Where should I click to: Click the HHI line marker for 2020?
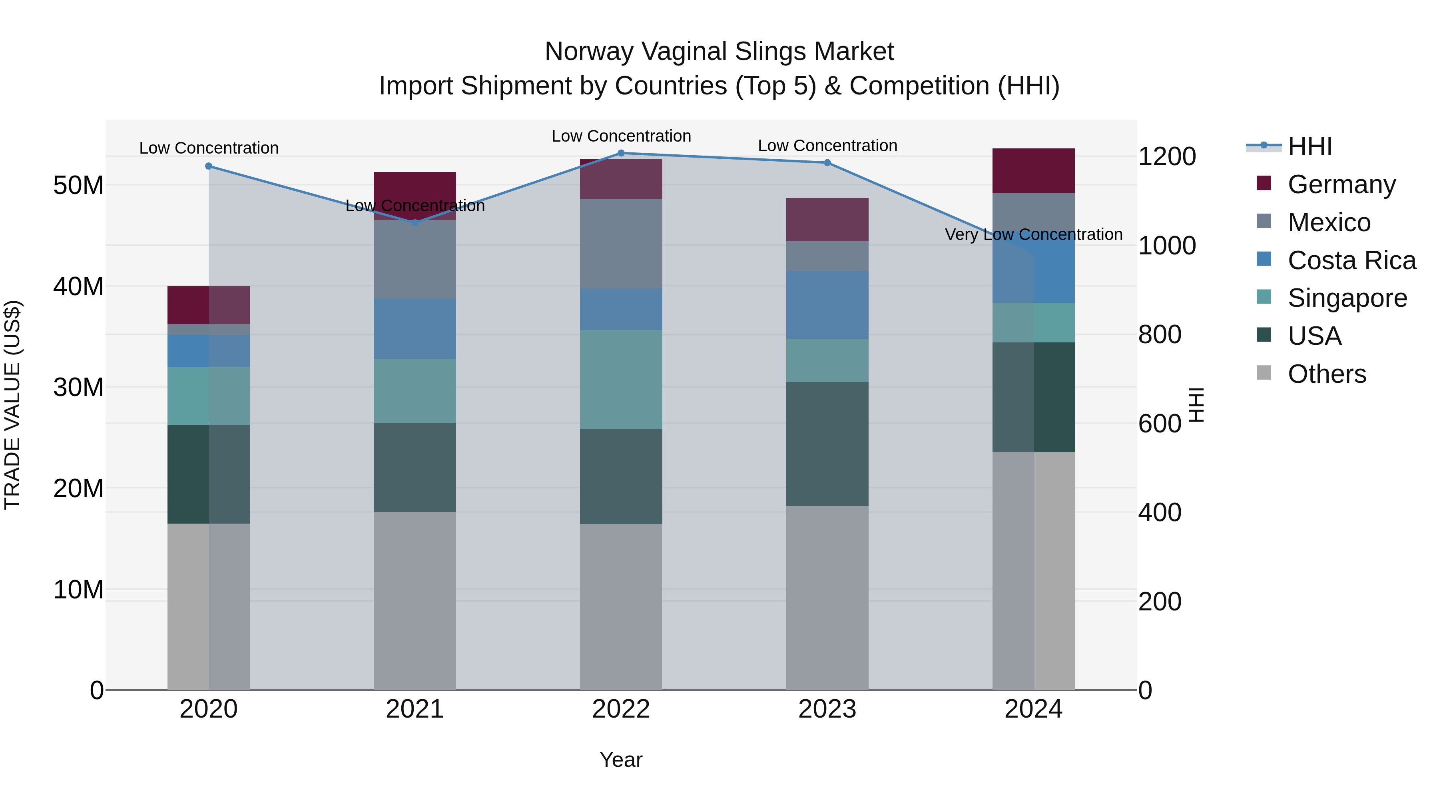pos(208,166)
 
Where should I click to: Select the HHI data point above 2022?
pos(621,153)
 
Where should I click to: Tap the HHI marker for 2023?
pos(827,163)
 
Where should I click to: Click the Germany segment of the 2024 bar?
pos(1033,170)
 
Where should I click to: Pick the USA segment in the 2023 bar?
pos(827,444)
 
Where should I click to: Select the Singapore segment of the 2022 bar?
pos(621,380)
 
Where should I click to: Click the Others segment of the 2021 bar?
pos(415,600)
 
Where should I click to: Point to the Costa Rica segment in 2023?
pos(827,305)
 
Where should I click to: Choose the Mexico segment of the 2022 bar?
pos(621,244)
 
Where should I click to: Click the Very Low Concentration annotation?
pos(1033,235)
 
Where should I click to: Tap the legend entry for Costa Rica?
pos(1351,260)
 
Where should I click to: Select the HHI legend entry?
pos(1309,147)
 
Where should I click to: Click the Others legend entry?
pos(1326,374)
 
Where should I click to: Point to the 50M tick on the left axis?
pos(78,185)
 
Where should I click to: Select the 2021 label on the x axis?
pos(415,709)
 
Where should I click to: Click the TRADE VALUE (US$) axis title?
pos(13,405)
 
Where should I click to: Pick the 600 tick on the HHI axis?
pos(1160,424)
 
